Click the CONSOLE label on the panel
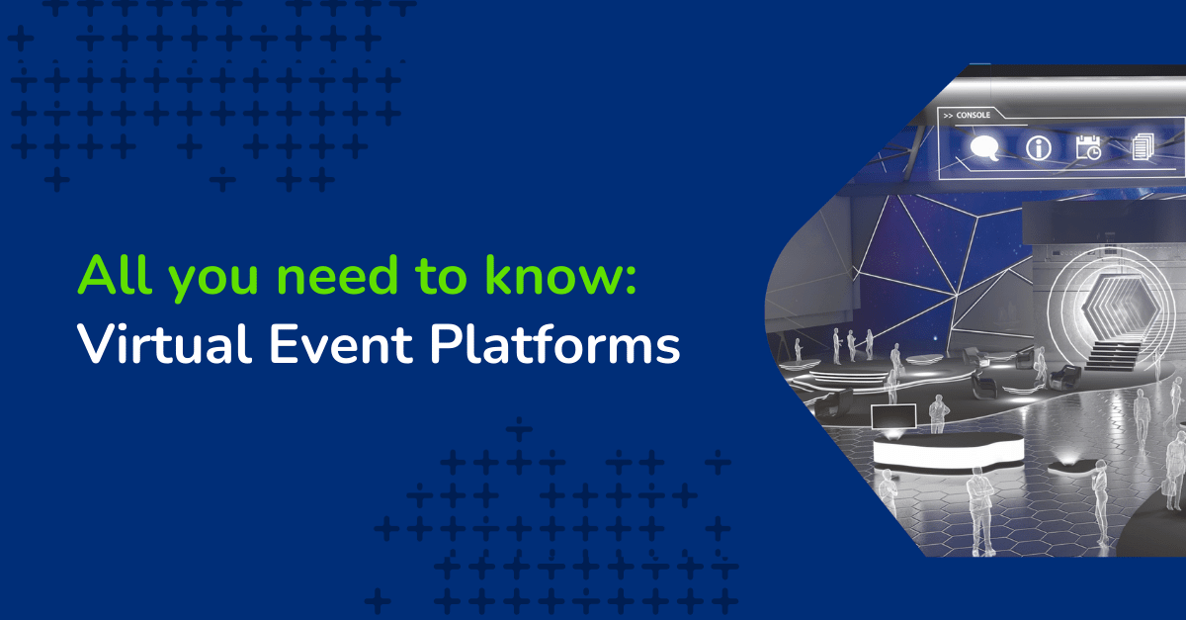(973, 116)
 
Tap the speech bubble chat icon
(984, 148)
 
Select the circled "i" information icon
(1038, 148)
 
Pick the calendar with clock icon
(1088, 148)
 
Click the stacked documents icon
(1142, 148)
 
